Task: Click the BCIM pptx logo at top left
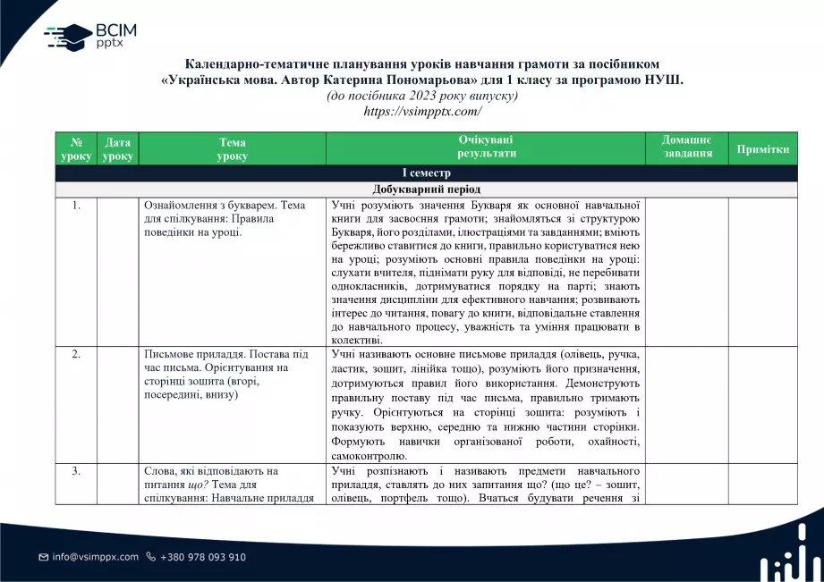click(x=89, y=36)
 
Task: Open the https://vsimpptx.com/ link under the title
click(x=422, y=112)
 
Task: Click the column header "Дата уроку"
click(x=117, y=148)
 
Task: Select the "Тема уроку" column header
click(x=232, y=148)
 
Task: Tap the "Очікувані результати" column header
click(x=486, y=148)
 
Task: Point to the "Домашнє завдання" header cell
click(x=686, y=148)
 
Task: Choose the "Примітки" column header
click(x=762, y=149)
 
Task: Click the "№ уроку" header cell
click(x=76, y=148)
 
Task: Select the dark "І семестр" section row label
click(x=426, y=173)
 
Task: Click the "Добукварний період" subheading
click(x=426, y=190)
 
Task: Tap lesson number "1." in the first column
click(x=76, y=206)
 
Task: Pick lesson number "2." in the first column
click(x=76, y=354)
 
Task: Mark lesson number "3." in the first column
click(x=76, y=471)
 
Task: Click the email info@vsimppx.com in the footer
click(x=95, y=557)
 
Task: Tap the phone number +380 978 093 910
click(x=202, y=557)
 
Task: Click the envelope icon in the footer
click(x=43, y=557)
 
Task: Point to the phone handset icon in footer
click(x=150, y=557)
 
